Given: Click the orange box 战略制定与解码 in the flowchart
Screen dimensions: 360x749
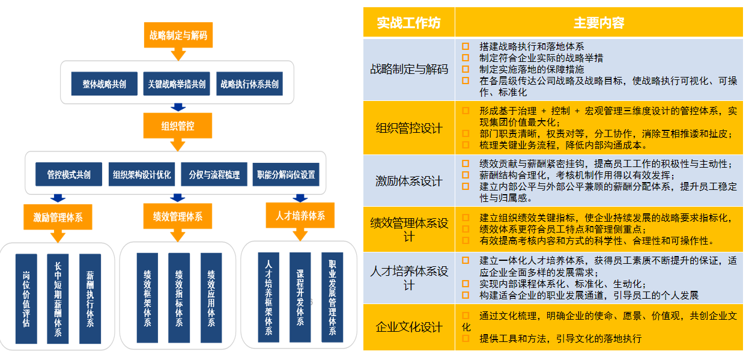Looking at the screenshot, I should (178, 35).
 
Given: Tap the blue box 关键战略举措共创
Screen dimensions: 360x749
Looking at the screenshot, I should (177, 84).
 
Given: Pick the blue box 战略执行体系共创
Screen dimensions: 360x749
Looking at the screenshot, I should (249, 84).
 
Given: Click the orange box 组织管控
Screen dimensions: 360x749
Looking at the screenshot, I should (178, 126).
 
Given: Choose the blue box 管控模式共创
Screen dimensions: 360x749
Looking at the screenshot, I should (68, 175).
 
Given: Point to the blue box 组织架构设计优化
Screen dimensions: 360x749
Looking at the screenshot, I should (142, 175).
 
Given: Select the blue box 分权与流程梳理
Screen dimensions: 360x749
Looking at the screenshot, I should (214, 175).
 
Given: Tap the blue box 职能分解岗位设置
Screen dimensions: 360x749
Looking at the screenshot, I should (285, 175).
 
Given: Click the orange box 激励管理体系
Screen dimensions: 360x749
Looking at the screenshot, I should (58, 217).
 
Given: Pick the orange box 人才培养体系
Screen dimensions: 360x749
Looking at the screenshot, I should (300, 215).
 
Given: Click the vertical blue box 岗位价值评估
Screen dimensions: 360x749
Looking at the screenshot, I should (26, 299).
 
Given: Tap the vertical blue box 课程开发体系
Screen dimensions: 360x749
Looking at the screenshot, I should (300, 297).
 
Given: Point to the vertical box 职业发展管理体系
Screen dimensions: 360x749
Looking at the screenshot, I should (332, 297).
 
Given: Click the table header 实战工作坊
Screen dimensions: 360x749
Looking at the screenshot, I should (408, 23).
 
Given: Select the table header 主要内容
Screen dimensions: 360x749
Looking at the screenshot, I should (598, 23).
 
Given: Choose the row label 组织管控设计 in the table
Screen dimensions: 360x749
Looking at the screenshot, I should (408, 128).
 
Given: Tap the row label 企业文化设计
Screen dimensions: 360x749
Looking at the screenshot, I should (408, 327).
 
